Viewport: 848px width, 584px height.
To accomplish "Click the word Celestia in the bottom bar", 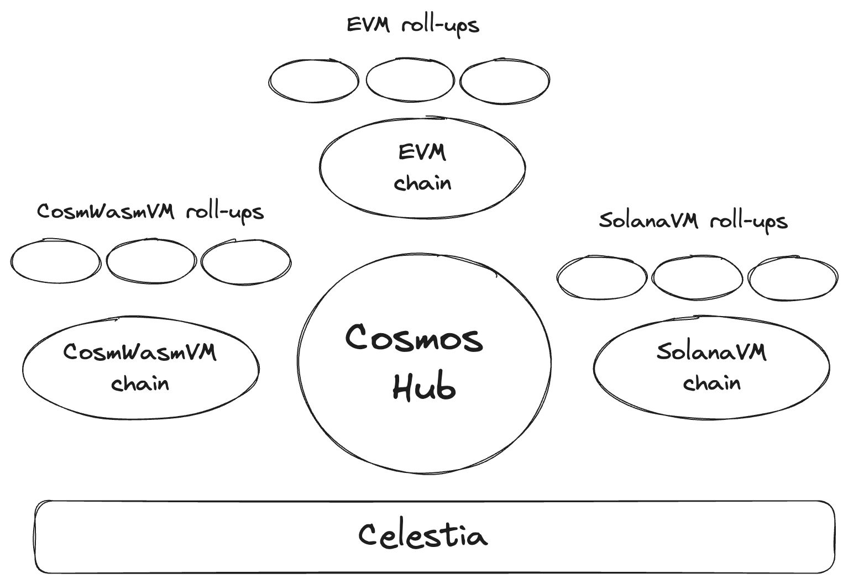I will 423,535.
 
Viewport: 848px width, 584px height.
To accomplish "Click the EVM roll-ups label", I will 412,25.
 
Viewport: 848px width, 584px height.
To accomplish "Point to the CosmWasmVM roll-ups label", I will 150,212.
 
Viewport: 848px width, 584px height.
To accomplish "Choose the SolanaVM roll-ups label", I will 693,221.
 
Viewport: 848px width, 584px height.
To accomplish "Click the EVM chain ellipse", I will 422,167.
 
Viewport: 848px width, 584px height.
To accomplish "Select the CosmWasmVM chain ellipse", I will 140,368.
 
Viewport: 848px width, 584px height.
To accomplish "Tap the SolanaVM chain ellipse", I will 711,367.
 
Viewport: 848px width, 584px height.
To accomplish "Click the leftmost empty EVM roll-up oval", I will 314,81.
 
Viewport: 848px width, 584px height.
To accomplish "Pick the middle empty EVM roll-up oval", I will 410,80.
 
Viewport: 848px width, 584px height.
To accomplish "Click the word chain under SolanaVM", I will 711,383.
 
